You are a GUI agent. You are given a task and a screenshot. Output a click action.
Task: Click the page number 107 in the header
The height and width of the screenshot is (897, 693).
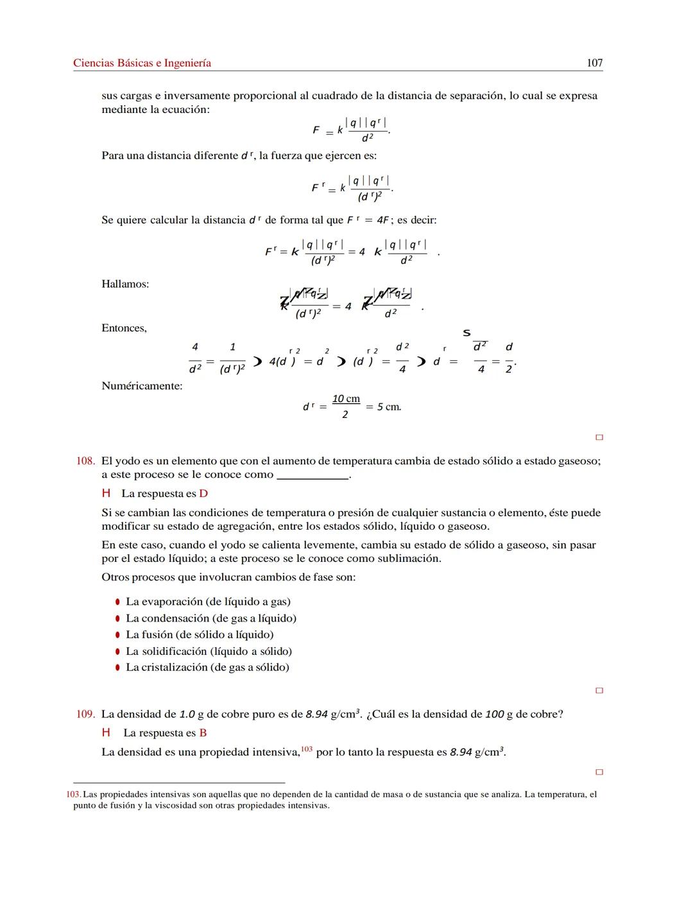click(594, 63)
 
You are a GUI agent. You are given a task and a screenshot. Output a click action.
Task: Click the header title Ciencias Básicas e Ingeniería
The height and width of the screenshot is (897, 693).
click(142, 63)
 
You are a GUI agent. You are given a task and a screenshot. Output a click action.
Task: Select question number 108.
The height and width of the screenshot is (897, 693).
click(85, 461)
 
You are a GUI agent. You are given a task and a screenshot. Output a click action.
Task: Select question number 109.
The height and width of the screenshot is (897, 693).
click(85, 714)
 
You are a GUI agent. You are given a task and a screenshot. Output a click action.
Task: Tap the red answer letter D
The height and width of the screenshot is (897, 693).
click(203, 494)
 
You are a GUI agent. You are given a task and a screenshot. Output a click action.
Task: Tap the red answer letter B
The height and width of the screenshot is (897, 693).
click(203, 733)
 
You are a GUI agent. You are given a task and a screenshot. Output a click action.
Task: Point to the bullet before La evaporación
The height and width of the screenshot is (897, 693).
click(117, 602)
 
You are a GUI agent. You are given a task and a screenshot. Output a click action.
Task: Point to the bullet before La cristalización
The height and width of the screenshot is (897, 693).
click(117, 668)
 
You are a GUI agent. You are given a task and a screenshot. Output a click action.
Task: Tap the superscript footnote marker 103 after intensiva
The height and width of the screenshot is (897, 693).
click(307, 749)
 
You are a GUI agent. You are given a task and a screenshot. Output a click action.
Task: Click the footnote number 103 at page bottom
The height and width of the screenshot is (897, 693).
click(73, 794)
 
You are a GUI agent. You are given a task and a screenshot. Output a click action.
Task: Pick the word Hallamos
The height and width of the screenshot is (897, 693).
click(125, 284)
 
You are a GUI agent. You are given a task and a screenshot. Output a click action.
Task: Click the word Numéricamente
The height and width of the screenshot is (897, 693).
click(142, 386)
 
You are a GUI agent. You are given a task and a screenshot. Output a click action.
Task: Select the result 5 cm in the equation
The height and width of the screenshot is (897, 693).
click(389, 407)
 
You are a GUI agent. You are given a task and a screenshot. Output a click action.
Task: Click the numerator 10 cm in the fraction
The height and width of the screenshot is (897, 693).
click(346, 399)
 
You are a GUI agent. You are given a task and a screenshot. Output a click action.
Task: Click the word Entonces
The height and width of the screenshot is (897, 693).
click(124, 328)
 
